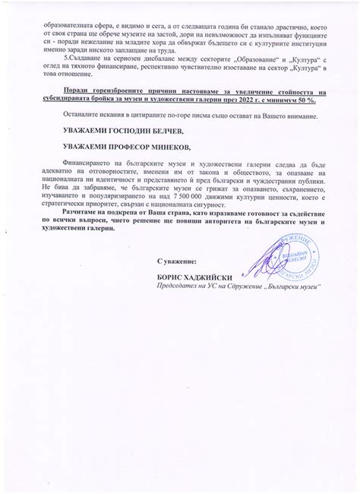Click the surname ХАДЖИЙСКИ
(206, 277)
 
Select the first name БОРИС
(169, 277)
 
